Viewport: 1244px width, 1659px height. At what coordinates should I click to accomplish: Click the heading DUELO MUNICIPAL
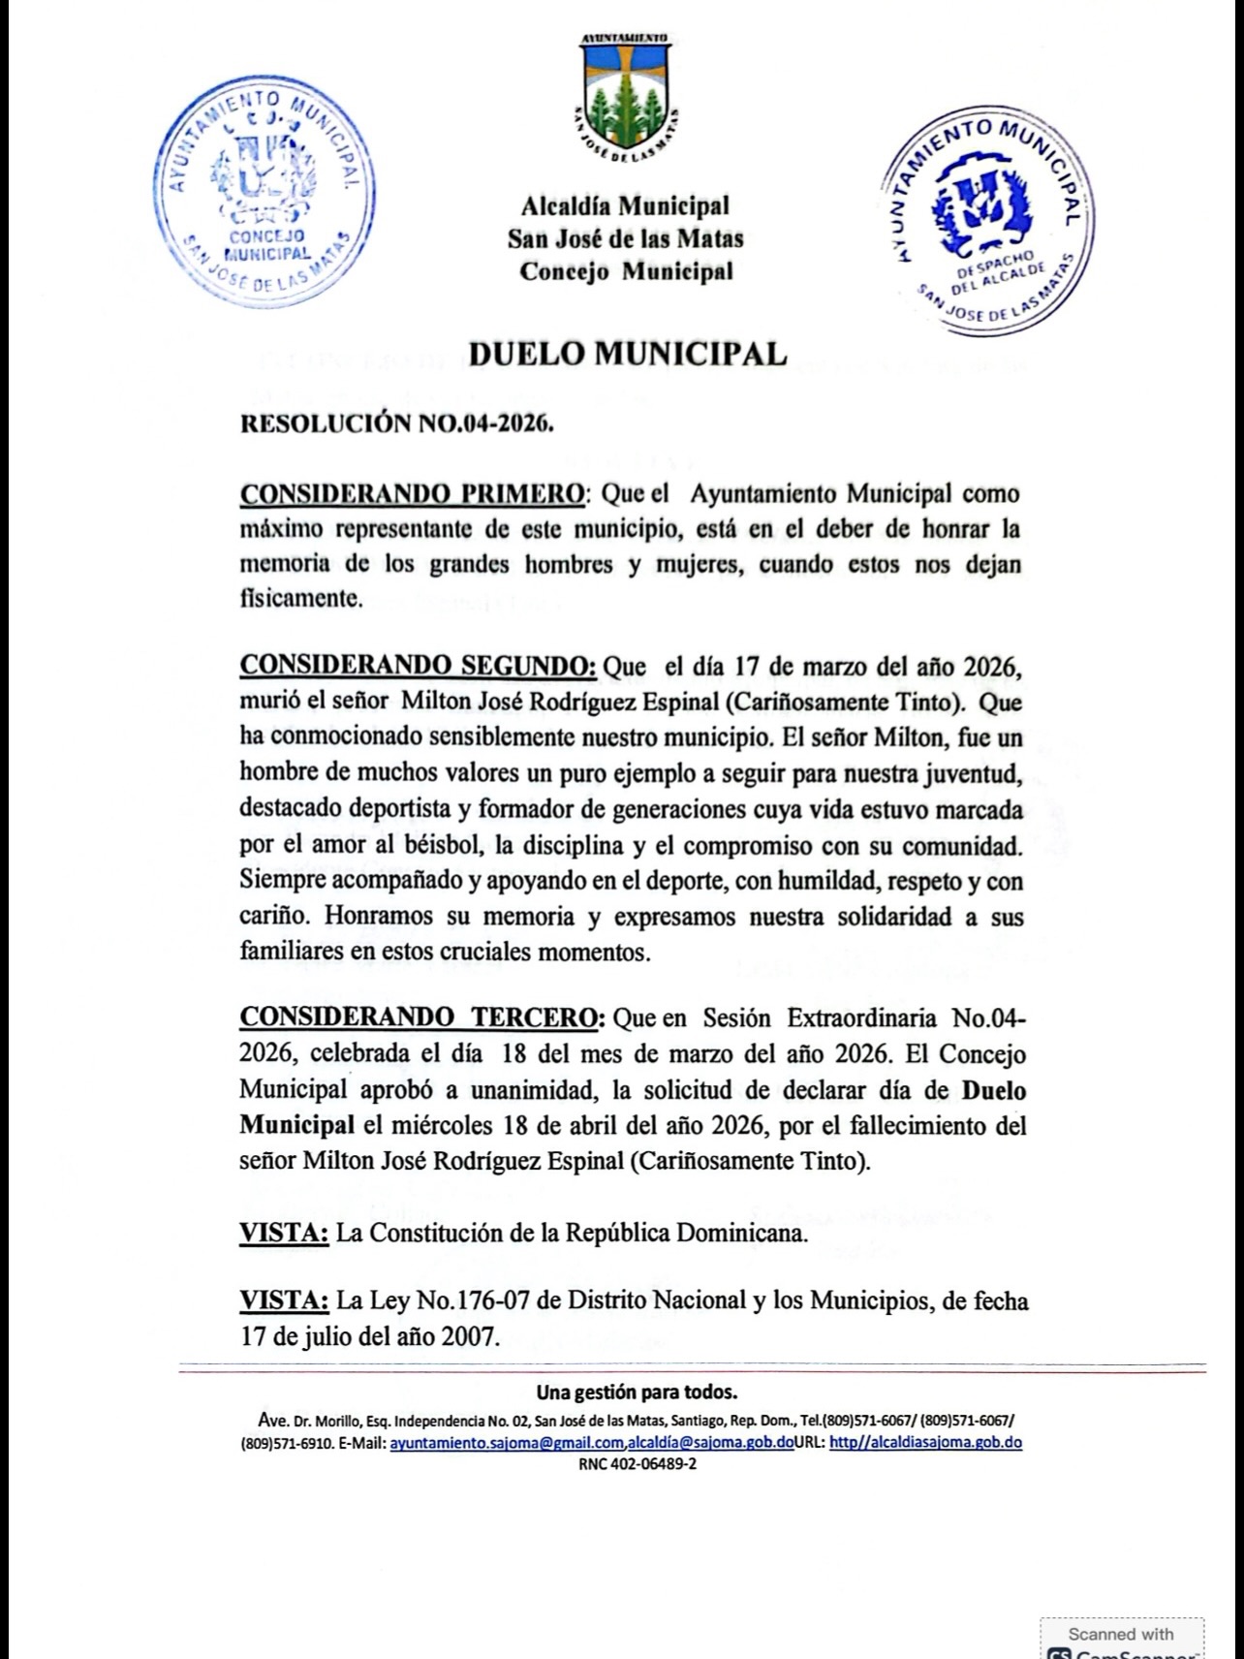tap(627, 355)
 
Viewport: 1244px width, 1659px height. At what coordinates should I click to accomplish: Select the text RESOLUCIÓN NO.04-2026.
tap(396, 423)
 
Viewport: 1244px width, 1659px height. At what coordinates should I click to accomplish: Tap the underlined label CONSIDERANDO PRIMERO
tap(413, 493)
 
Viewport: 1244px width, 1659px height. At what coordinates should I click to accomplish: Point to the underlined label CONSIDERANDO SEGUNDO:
tap(419, 666)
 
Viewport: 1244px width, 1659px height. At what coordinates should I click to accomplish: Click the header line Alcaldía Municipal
tap(625, 205)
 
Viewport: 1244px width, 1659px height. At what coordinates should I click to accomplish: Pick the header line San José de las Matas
tap(625, 238)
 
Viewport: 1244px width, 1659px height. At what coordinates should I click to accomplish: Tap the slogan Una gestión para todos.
tap(637, 1393)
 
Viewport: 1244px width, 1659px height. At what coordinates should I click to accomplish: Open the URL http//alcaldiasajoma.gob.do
tap(925, 1442)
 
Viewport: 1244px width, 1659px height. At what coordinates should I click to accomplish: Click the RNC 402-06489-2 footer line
tap(637, 1464)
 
